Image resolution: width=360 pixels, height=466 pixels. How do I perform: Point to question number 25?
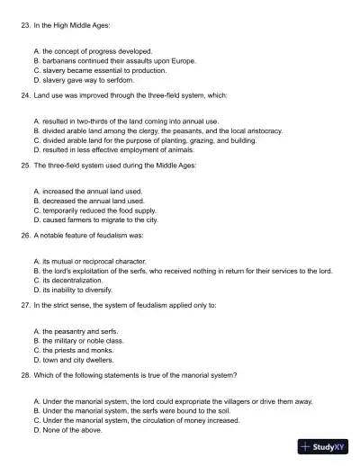point(24,166)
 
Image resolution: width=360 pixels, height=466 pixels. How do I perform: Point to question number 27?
point(24,306)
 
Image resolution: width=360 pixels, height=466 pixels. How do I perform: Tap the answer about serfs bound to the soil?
point(131,411)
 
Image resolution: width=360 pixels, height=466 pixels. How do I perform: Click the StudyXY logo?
point(325,446)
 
